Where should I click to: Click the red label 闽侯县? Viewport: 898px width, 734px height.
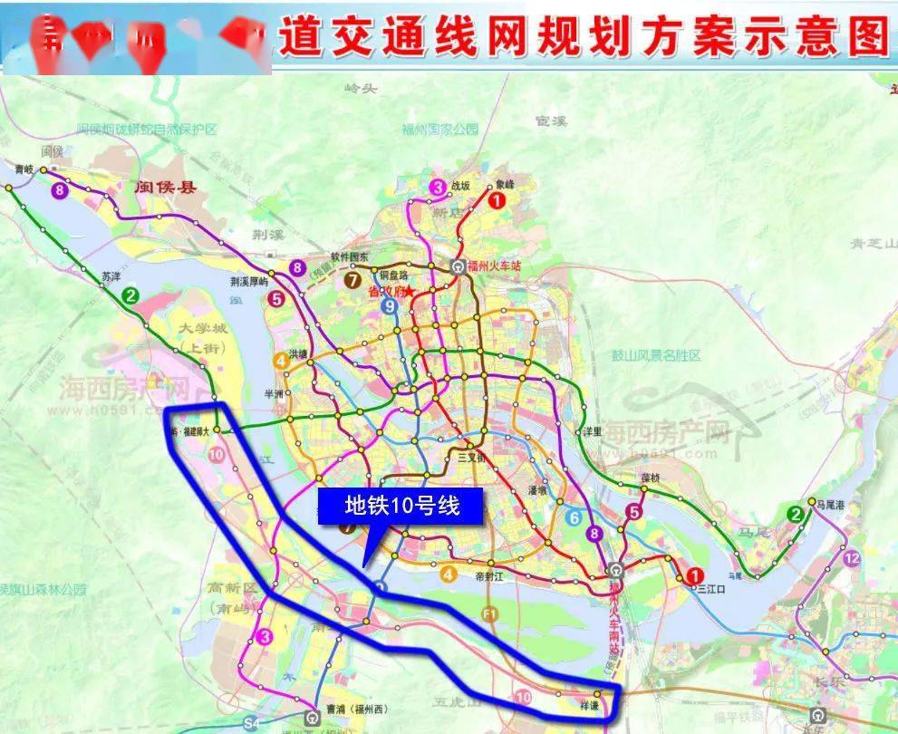[x=166, y=188]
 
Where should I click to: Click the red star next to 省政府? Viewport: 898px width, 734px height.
[x=410, y=292]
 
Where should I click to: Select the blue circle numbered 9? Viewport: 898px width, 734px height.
[x=390, y=306]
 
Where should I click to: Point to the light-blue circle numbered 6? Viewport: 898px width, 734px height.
[x=574, y=518]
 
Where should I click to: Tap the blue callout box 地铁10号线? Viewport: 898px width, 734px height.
[x=401, y=506]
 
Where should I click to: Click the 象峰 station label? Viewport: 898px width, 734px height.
[x=502, y=185]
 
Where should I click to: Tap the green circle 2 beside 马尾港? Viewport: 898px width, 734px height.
[x=796, y=515]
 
